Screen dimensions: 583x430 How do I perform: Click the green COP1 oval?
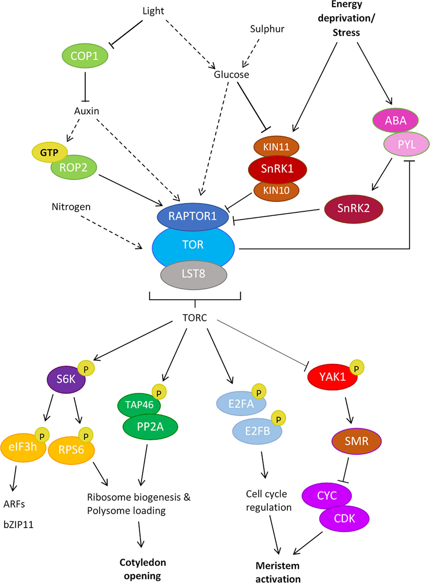tap(85, 56)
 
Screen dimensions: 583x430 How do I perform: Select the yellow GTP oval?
tap(49, 152)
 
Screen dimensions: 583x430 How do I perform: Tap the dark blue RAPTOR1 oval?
tap(192, 216)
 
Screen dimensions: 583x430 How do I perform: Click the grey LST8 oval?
tap(193, 274)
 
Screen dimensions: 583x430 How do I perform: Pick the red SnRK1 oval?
tap(277, 169)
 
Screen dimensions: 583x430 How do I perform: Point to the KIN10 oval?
tap(276, 190)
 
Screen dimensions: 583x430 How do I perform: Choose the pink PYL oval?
tap(406, 145)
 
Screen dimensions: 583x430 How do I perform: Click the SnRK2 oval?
tap(353, 208)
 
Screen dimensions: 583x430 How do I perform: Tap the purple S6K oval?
tap(66, 379)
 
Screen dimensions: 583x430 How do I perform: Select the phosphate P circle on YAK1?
tap(356, 368)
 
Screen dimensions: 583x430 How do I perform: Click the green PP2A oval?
tap(150, 427)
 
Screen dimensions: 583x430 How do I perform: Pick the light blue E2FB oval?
tap(257, 431)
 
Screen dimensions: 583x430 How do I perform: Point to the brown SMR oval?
tap(356, 441)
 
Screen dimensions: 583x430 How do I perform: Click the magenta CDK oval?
tap(344, 519)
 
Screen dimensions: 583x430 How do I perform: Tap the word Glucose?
tap(231, 75)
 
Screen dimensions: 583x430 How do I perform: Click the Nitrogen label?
tap(71, 207)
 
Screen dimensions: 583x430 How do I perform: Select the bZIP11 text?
tap(18, 525)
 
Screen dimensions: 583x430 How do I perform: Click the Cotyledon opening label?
tap(142, 569)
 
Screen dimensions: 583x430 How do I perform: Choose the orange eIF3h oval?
tap(23, 447)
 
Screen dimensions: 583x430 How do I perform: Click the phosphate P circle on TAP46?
tap(159, 393)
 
